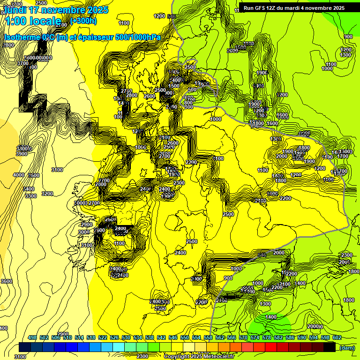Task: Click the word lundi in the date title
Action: (14, 10)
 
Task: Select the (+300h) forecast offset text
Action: (83, 21)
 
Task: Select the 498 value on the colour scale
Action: (32, 337)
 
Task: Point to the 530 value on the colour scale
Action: (126, 337)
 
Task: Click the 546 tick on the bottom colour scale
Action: (173, 337)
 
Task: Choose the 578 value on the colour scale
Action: (267, 337)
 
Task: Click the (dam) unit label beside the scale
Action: (347, 347)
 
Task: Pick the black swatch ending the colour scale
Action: (330, 347)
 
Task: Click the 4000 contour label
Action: (19, 175)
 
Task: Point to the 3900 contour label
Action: (22, 154)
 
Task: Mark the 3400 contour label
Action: (29, 189)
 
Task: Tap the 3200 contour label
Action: (47, 194)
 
